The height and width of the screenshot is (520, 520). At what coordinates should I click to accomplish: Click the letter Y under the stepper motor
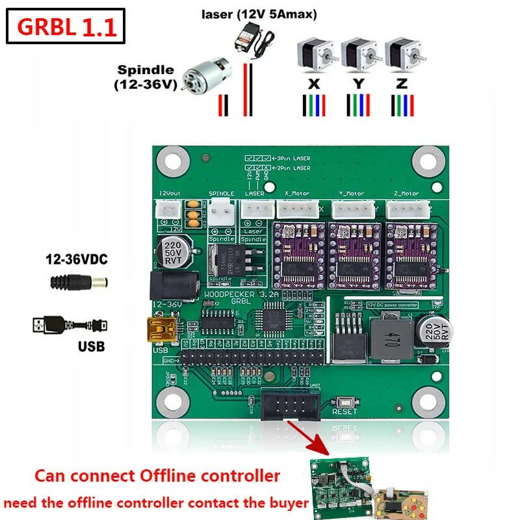coord(359,83)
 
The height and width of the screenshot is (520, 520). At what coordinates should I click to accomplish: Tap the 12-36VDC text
coord(77,260)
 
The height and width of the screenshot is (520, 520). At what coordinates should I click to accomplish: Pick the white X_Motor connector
coord(298,209)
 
